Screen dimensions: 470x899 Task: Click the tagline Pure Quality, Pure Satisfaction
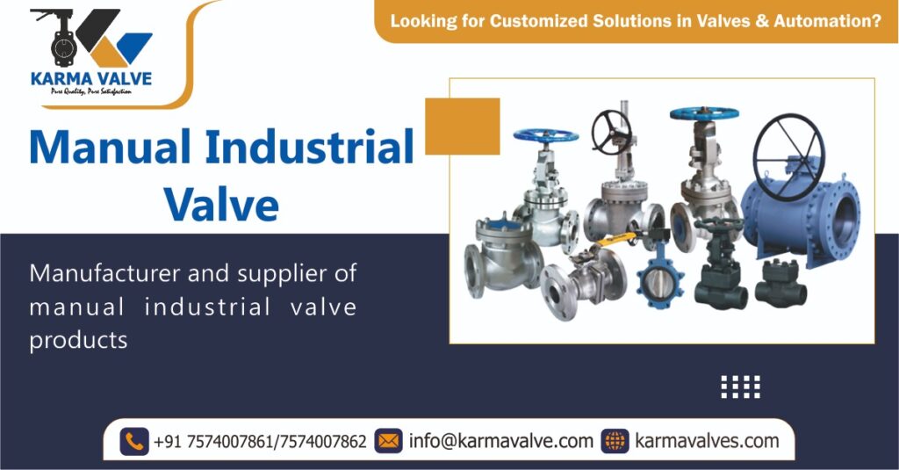(90, 90)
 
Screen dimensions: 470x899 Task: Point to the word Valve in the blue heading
(221, 205)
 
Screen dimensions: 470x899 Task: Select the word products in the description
(78, 340)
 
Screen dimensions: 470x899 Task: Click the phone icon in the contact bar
(133, 441)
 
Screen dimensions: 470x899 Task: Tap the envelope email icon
(388, 441)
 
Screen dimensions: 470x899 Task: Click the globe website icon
(615, 441)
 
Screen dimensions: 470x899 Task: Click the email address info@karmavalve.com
(501, 441)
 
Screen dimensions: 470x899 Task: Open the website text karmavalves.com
(707, 441)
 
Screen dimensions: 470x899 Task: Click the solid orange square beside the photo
(462, 127)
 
